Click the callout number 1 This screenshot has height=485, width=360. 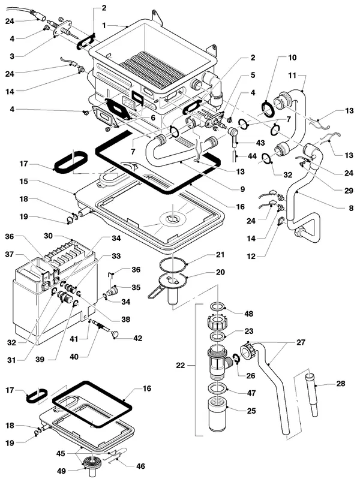(104, 25)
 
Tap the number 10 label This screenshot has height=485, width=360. (292, 58)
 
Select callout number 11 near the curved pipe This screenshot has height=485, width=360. (292, 75)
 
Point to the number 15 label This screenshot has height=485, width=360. (23, 181)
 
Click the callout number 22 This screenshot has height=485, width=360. (181, 365)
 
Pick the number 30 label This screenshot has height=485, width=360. (48, 236)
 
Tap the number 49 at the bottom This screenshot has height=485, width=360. (62, 471)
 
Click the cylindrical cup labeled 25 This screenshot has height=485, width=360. (218, 414)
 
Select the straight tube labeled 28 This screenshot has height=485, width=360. (310, 394)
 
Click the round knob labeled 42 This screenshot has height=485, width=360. (116, 334)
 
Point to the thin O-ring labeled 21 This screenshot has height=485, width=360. (173, 264)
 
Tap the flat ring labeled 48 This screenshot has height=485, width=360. (218, 306)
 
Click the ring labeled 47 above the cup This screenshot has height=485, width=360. (218, 388)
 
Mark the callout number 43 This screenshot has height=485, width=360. (260, 143)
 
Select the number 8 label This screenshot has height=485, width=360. (351, 208)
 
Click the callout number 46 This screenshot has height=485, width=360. (140, 466)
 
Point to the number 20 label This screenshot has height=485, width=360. (220, 272)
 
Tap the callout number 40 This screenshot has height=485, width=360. (74, 357)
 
